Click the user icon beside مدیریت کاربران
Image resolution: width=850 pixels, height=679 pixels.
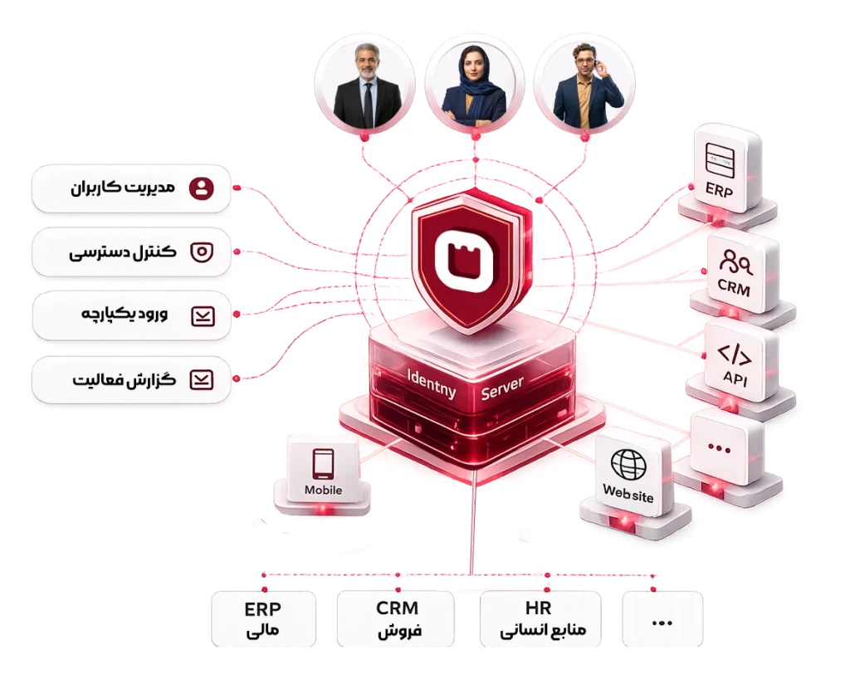(x=201, y=188)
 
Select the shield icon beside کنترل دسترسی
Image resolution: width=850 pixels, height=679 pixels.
(x=202, y=252)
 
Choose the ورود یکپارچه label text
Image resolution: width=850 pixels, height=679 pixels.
(x=125, y=315)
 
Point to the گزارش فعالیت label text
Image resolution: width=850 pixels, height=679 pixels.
(x=125, y=379)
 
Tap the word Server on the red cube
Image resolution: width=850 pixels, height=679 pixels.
(x=502, y=388)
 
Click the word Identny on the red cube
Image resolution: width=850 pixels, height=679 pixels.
(x=432, y=383)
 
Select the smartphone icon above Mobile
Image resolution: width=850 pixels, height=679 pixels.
(x=323, y=464)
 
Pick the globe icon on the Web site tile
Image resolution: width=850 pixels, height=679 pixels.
(x=629, y=464)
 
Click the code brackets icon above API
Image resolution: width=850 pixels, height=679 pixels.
(x=735, y=354)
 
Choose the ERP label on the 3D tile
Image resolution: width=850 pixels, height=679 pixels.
(x=719, y=190)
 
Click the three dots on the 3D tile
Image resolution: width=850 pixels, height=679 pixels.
(x=719, y=449)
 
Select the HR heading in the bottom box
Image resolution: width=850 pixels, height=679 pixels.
(x=538, y=608)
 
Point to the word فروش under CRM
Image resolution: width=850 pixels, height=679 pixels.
(x=399, y=632)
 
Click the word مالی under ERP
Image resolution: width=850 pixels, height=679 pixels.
(x=263, y=632)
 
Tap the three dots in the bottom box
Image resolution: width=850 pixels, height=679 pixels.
(x=662, y=623)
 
